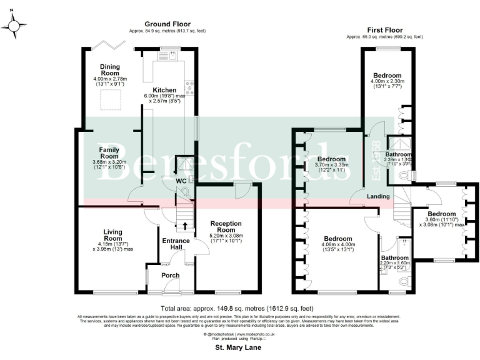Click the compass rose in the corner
point(15,26)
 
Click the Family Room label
point(109,152)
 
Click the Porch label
point(170,275)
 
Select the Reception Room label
point(226,226)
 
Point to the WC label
point(181,181)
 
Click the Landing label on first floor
point(379,196)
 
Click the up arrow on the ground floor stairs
point(184,224)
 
